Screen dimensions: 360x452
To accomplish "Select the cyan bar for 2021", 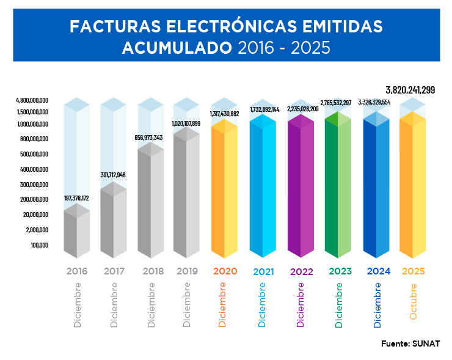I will [x=263, y=189].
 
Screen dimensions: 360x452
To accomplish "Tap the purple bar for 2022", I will [x=300, y=189].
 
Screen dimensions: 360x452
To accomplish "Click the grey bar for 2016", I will [x=76, y=232].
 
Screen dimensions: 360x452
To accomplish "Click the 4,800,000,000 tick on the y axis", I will [x=32, y=100].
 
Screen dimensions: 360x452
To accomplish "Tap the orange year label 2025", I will [x=413, y=271].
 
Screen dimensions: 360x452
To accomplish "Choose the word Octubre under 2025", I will [x=414, y=302].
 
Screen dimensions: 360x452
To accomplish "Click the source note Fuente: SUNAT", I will [x=410, y=343].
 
